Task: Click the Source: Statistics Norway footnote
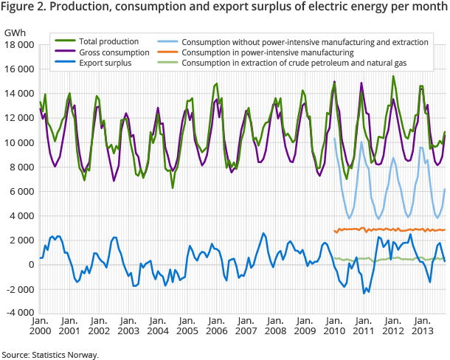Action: tap(49, 354)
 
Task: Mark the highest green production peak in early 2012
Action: tap(393, 76)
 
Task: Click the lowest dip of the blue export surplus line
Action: tap(364, 293)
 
